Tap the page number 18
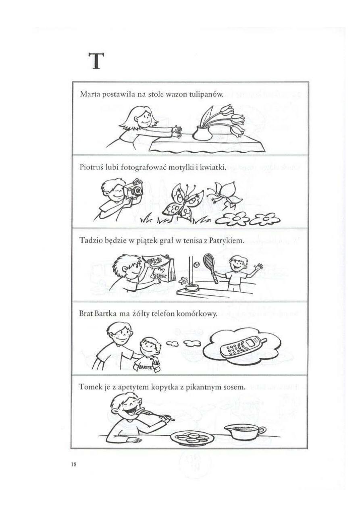(74, 464)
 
